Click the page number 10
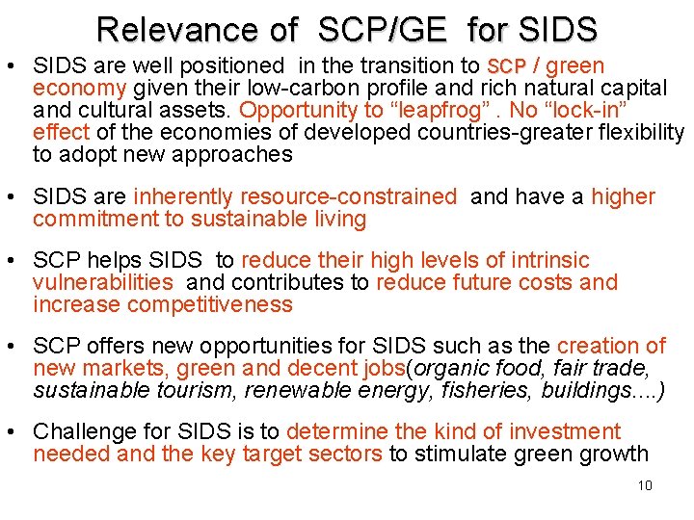click(x=645, y=485)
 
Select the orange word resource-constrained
click(x=295, y=196)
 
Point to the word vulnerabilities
click(x=103, y=282)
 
